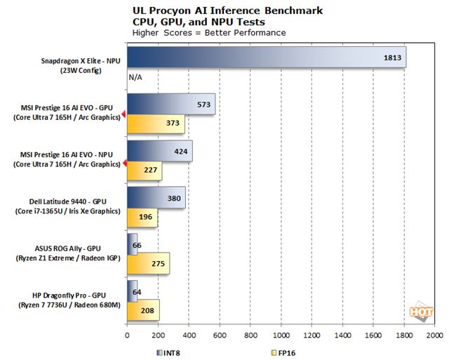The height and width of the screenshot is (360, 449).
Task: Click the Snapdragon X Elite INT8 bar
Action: (x=267, y=58)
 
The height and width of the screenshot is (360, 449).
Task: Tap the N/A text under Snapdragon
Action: (x=135, y=78)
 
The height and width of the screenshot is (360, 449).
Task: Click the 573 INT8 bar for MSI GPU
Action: (x=170, y=104)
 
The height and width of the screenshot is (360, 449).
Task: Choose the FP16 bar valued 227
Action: (x=145, y=171)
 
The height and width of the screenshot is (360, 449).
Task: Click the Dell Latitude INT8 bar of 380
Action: (x=156, y=197)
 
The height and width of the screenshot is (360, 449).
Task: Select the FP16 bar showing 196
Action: (x=142, y=218)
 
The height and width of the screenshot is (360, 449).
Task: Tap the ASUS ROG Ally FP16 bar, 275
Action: (x=148, y=263)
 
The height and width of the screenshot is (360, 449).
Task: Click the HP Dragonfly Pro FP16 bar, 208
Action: (x=143, y=309)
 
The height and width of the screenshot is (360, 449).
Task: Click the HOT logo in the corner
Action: (x=420, y=311)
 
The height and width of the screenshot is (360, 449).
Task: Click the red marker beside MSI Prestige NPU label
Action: (x=124, y=164)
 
